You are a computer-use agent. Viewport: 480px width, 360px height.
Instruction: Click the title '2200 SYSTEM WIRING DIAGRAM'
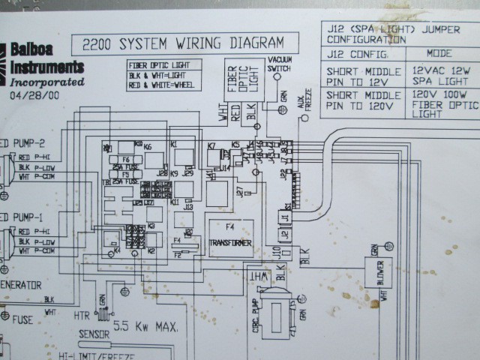[183, 43]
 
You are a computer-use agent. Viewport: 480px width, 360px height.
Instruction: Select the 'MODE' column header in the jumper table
[439, 55]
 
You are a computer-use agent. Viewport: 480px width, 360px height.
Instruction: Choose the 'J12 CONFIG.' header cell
[358, 55]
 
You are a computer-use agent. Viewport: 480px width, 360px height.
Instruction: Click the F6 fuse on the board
[125, 160]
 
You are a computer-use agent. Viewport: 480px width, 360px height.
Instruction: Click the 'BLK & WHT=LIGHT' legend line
[157, 75]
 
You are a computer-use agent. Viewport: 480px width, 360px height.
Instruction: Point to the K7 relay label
[211, 145]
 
